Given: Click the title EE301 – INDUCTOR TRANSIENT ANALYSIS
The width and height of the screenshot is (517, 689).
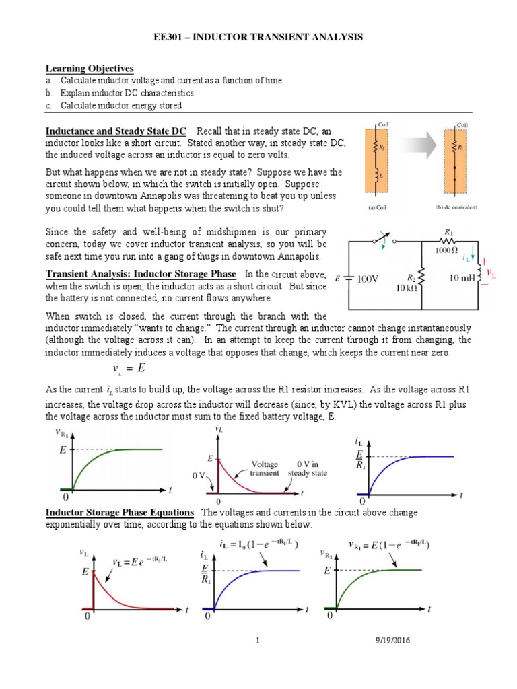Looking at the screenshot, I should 258,38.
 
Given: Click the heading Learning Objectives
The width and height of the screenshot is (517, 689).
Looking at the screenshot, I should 90,69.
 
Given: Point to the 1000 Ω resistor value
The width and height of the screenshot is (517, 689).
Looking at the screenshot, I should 442,248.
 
